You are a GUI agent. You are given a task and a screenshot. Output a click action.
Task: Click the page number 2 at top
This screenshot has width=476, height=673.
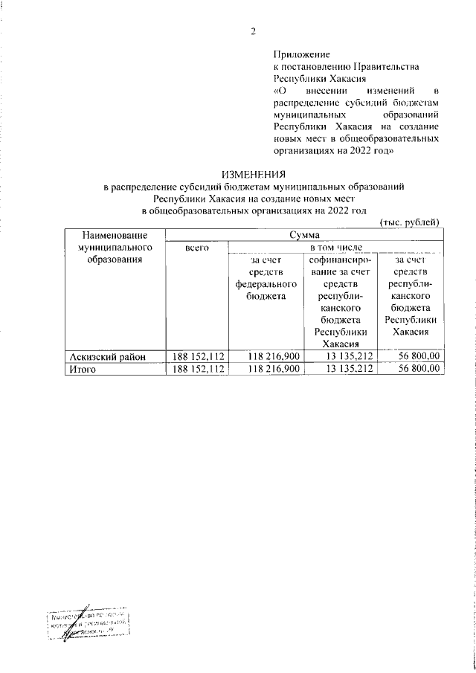point(253,30)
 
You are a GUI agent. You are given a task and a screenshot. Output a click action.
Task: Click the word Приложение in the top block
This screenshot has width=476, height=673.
point(301,54)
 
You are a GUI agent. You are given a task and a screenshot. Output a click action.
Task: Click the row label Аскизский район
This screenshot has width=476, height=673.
point(103,356)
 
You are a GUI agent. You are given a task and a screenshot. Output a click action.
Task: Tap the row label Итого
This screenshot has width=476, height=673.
point(83,368)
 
